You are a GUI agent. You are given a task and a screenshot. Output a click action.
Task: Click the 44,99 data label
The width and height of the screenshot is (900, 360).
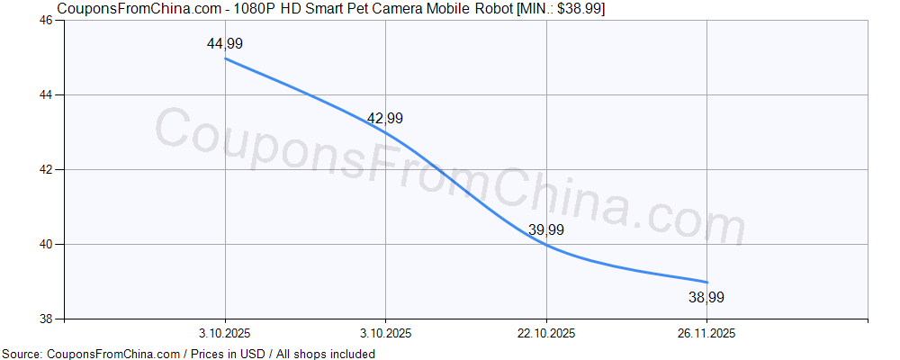pos(224,43)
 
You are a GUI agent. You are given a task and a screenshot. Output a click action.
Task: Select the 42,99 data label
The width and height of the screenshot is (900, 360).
pos(384,118)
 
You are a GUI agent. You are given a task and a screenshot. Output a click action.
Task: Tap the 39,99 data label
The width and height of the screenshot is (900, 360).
pos(545,229)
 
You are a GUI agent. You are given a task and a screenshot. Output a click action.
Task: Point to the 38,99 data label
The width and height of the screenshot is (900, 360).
pos(706,297)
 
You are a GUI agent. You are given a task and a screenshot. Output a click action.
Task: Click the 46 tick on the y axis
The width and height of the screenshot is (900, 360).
pos(46,20)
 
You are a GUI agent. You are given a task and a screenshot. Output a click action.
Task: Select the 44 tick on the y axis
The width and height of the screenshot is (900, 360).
pos(46,94)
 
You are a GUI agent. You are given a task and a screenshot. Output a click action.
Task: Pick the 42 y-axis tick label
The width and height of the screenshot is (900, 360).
pos(46,169)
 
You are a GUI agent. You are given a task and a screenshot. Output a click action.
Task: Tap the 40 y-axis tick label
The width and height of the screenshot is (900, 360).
pos(46,244)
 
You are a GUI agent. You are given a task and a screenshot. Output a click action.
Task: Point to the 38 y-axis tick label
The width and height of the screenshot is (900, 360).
pos(46,319)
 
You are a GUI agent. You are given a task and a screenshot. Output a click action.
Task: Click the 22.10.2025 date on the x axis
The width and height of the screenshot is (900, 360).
pos(545,334)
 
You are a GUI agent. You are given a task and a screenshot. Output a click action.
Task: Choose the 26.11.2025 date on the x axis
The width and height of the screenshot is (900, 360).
pos(706,334)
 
